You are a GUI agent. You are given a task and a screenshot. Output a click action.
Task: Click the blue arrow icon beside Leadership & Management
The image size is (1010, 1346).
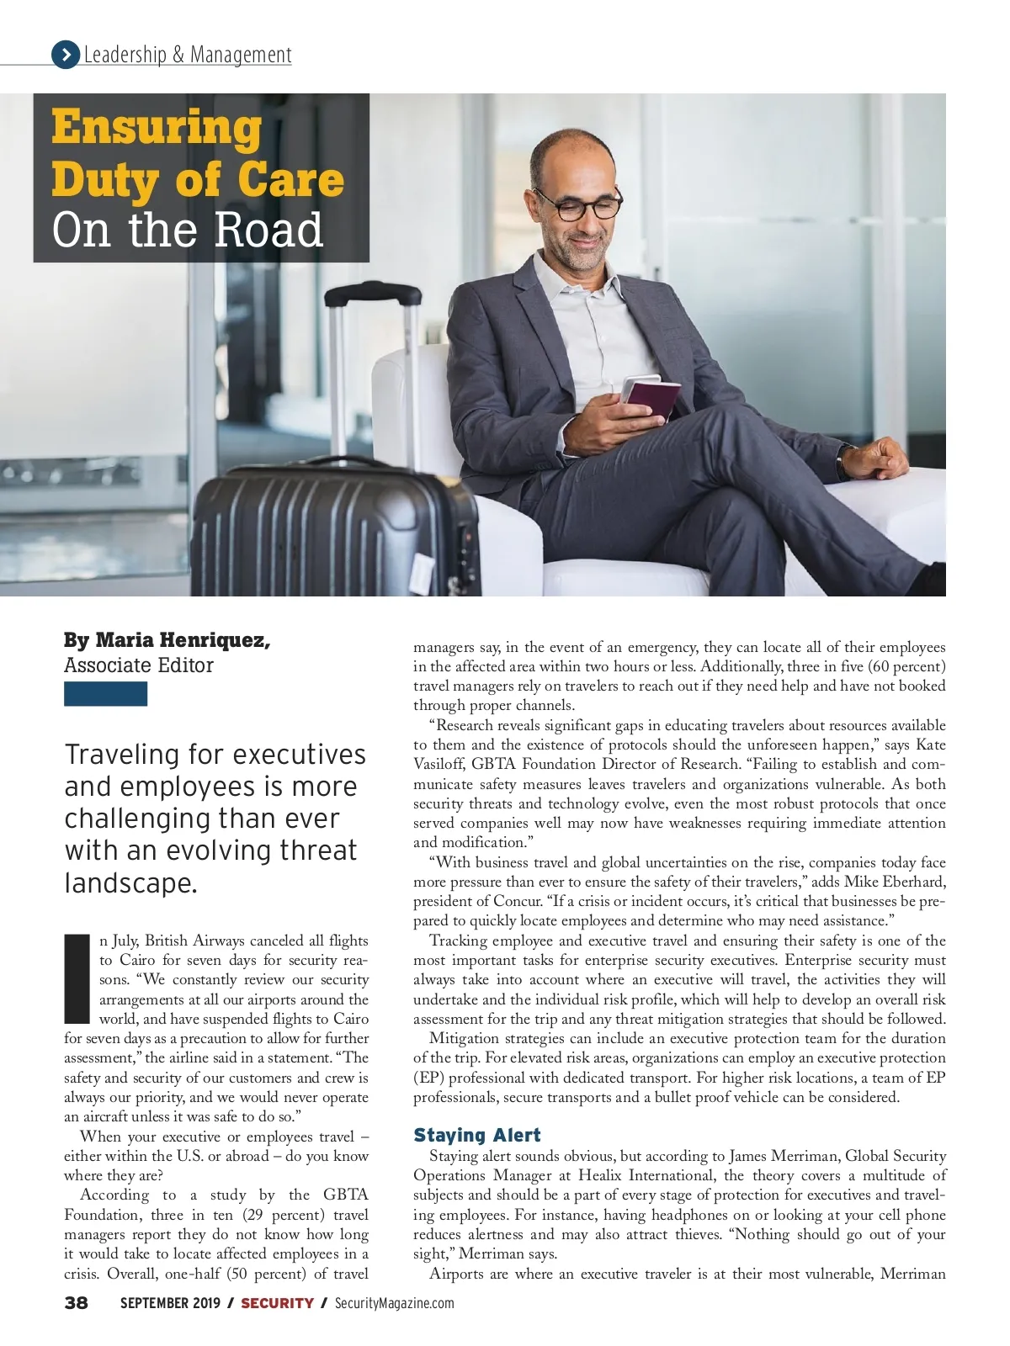[65, 55]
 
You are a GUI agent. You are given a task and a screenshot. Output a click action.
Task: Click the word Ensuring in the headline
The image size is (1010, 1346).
[157, 128]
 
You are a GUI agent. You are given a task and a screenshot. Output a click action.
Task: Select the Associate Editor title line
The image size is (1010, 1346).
[139, 665]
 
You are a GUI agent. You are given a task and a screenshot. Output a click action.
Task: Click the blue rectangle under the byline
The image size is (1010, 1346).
[105, 694]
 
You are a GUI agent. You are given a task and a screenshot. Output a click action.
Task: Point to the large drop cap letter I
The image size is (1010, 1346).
[77, 979]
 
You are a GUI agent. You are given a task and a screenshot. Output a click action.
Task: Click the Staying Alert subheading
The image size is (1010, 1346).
[476, 1135]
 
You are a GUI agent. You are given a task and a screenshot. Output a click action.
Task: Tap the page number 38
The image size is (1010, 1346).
[76, 1303]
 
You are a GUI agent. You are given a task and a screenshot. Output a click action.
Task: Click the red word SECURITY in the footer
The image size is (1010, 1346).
[277, 1303]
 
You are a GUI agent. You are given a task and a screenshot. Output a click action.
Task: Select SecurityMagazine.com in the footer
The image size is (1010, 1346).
[394, 1303]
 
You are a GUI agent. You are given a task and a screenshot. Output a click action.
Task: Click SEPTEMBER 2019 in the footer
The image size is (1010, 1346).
[170, 1303]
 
